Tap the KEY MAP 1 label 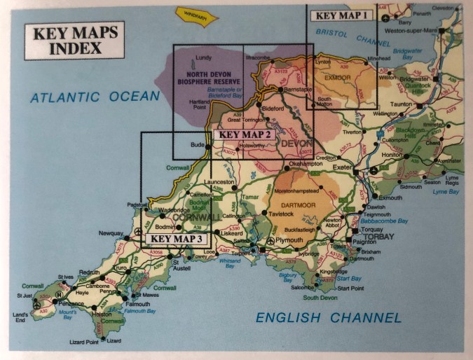[340, 15]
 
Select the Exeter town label [342, 169]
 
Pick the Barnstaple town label [297, 90]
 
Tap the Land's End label [19, 317]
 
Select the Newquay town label [110, 233]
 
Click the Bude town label [197, 145]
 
